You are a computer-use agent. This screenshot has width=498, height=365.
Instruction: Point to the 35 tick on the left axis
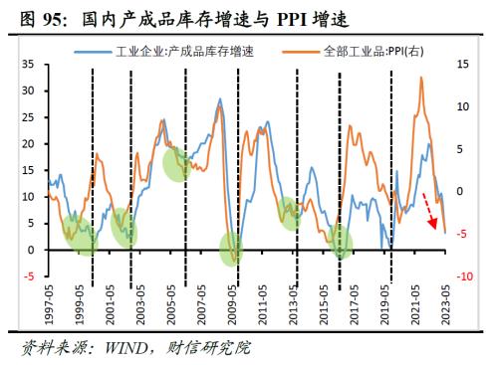[x=27, y=64]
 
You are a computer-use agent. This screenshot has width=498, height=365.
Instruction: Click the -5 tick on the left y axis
[x=29, y=276]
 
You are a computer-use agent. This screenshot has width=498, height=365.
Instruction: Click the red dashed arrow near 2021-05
[x=429, y=210]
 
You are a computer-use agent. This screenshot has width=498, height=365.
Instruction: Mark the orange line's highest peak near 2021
[x=420, y=79]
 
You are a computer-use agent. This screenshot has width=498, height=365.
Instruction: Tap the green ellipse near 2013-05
[x=290, y=212]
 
